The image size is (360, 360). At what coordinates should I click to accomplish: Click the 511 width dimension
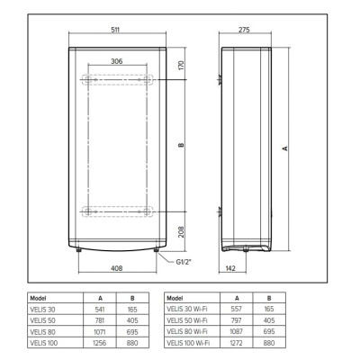click(x=116, y=31)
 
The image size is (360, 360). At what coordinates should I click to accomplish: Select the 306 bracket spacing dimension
click(x=117, y=61)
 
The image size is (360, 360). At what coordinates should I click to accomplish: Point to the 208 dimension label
click(x=180, y=231)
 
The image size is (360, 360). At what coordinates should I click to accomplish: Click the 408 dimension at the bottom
click(x=117, y=268)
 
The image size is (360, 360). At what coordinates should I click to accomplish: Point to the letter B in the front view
click(x=180, y=147)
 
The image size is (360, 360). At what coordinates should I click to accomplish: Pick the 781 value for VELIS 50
click(x=100, y=320)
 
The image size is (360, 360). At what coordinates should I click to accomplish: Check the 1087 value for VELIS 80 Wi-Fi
click(x=237, y=330)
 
